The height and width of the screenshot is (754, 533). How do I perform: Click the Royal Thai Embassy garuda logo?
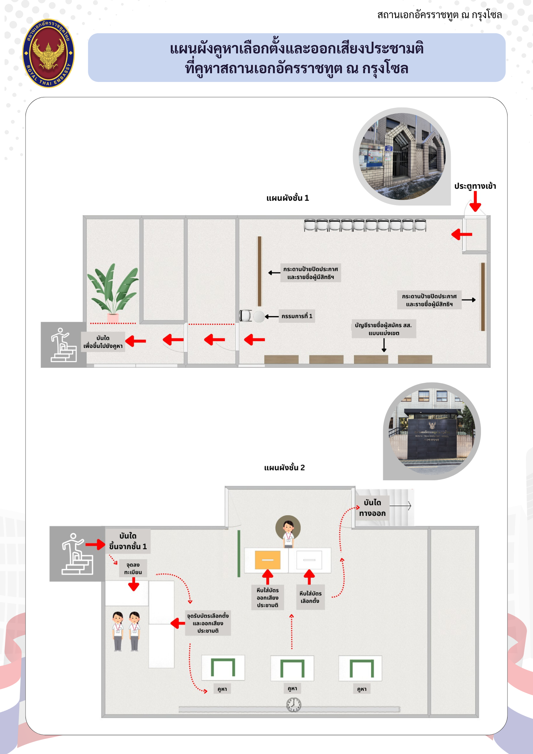click(x=48, y=53)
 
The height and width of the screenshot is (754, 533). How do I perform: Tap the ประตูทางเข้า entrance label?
click(x=475, y=186)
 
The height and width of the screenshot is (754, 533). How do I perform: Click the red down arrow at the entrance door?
click(x=475, y=202)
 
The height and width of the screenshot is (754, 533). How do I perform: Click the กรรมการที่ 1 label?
click(x=297, y=316)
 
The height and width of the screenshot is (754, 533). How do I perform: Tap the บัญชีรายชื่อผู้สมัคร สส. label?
click(x=384, y=329)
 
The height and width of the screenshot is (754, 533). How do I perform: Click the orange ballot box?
click(x=268, y=560)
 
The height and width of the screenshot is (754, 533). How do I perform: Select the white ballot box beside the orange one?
click(x=309, y=560)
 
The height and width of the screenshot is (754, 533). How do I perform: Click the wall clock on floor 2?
click(x=294, y=704)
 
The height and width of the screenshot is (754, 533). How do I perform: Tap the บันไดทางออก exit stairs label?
click(x=372, y=508)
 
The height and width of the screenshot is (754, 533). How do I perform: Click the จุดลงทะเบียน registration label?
click(x=133, y=568)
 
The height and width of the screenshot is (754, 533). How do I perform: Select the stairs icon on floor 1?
click(x=63, y=345)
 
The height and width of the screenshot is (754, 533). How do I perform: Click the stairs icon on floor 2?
click(x=77, y=554)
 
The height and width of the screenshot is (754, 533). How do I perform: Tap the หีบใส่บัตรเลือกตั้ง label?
click(x=310, y=597)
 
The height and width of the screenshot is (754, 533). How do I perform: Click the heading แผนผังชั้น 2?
click(x=284, y=468)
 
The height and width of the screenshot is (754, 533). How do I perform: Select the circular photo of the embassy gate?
click(x=402, y=157)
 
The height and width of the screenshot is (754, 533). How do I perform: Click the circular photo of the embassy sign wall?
click(x=432, y=431)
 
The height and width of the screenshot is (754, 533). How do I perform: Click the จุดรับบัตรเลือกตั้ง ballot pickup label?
click(x=208, y=623)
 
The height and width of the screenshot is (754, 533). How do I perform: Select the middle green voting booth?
click(x=292, y=668)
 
